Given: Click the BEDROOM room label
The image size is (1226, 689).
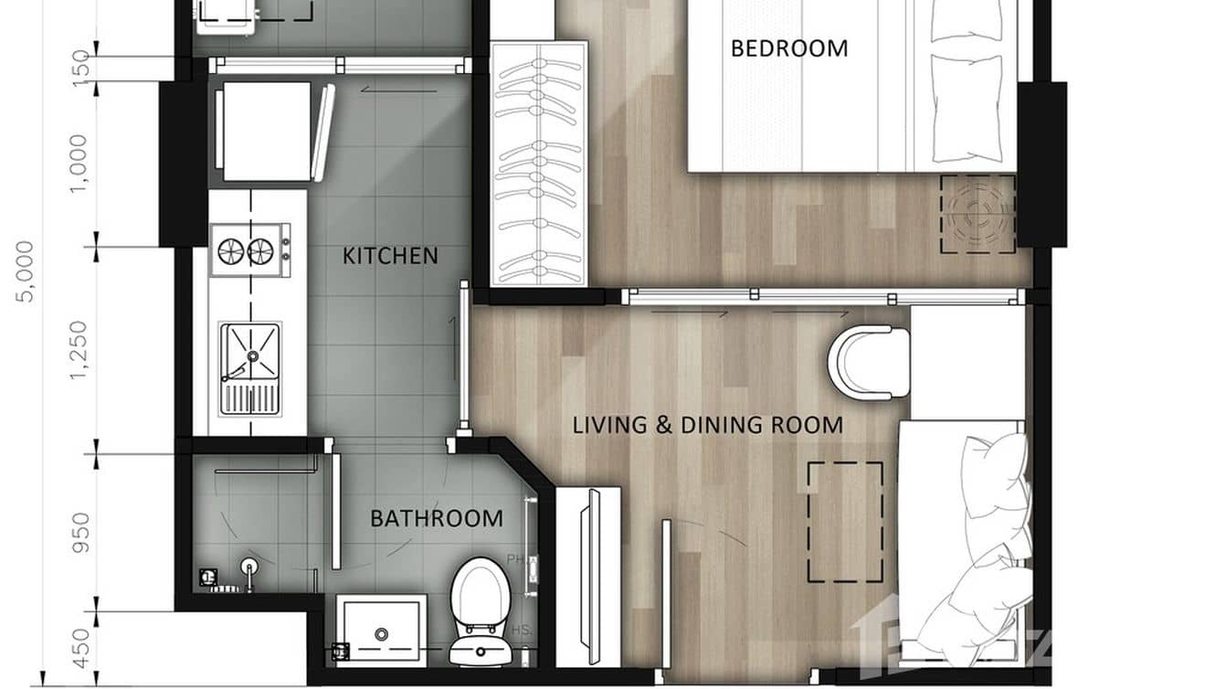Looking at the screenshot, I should pyautogui.click(x=789, y=48).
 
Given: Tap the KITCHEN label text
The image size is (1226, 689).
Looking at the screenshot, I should pyautogui.click(x=390, y=256).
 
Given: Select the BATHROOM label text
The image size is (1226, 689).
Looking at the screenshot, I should pyautogui.click(x=436, y=519).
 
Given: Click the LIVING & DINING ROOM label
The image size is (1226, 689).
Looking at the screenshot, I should pyautogui.click(x=707, y=425).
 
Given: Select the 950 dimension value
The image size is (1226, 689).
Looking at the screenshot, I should pyautogui.click(x=80, y=533).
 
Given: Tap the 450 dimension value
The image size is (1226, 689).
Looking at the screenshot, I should pyautogui.click(x=80, y=649).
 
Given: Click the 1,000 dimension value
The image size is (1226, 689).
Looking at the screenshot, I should pyautogui.click(x=80, y=164).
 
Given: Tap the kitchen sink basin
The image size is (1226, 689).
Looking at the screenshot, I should pyautogui.click(x=249, y=353).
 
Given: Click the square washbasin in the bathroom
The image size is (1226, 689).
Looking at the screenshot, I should pyautogui.click(x=381, y=630).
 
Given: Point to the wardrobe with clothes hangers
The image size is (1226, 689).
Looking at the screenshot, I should pyautogui.click(x=539, y=163).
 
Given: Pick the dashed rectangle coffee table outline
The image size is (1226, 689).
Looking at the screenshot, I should pyautogui.click(x=845, y=522).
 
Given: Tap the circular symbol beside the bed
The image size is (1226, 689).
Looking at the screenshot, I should pyautogui.click(x=978, y=214).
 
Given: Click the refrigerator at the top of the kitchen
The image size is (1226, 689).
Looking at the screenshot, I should pyautogui.click(x=265, y=132).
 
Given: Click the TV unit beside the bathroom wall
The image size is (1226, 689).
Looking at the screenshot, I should pyautogui.click(x=588, y=576).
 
